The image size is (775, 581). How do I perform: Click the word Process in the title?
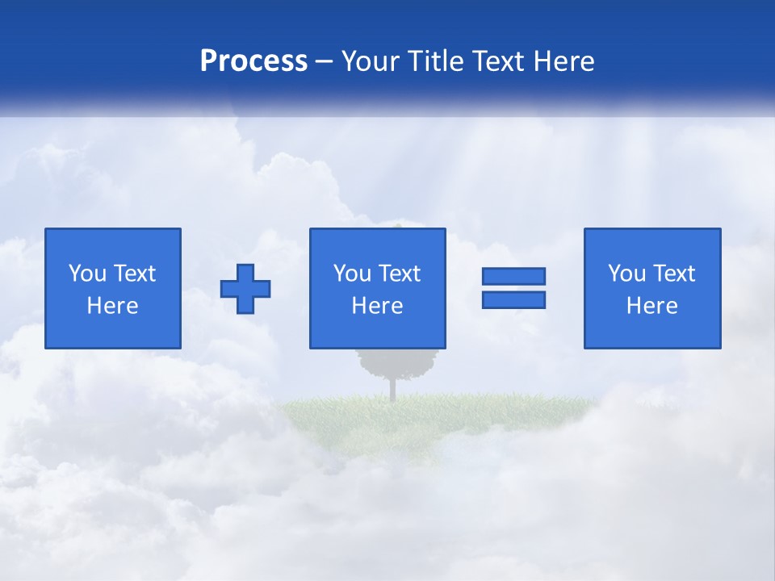253,61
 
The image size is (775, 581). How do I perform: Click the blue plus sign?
245,289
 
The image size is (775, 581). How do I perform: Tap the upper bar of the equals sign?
513,277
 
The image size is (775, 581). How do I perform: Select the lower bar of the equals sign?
513,299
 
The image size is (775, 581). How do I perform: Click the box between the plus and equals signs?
378,331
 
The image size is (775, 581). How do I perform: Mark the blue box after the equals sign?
652,331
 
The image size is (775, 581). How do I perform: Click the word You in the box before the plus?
87,274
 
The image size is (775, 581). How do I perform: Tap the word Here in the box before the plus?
113,306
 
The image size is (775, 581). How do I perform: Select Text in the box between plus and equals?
400,274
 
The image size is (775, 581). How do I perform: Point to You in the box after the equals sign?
626,274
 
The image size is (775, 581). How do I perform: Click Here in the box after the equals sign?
652,306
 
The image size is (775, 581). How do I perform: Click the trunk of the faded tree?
392,388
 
